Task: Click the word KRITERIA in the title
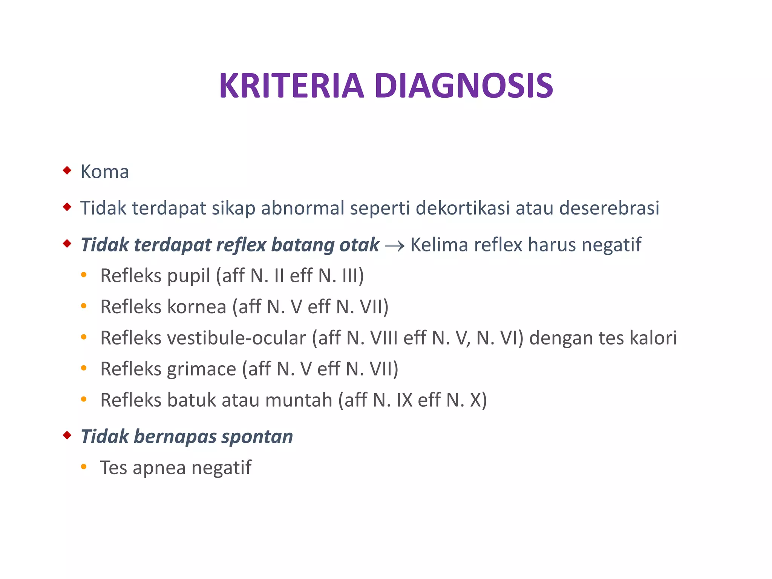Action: coord(291,86)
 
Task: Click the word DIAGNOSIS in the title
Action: coord(464,86)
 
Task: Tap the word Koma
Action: coord(105,172)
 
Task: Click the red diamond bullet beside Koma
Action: coord(67,171)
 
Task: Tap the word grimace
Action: coord(202,369)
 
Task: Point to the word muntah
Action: coord(299,400)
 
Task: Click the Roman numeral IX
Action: coord(404,400)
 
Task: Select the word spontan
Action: coord(257,437)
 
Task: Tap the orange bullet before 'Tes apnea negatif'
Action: coord(84,467)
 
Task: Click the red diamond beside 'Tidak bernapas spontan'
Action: coord(67,436)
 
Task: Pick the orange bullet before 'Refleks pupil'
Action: coord(84,275)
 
